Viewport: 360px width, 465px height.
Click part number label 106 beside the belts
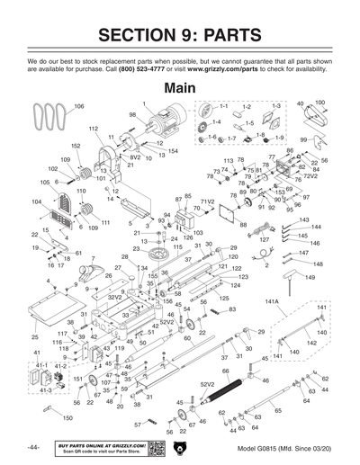[x=78, y=107]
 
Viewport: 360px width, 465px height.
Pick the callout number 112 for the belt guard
[x=93, y=130]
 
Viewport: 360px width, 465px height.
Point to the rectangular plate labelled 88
[x=227, y=218]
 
